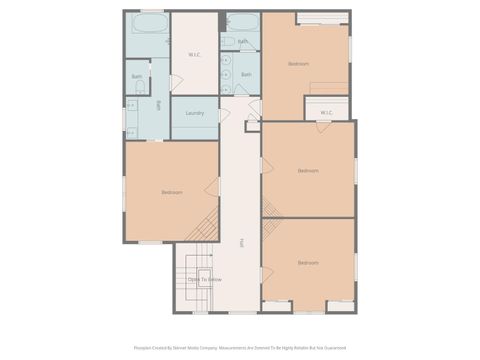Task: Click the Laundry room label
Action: tap(195, 113)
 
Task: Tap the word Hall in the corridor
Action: tap(241, 243)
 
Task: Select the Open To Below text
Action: tap(204, 279)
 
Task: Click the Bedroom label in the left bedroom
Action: tap(171, 192)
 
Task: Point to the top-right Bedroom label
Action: tap(298, 63)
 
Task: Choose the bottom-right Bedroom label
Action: tap(308, 263)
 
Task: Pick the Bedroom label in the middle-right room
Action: tap(308, 170)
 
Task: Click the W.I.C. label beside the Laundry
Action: tap(195, 54)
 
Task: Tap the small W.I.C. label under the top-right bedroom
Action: tap(327, 113)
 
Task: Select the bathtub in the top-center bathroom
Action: tap(242, 22)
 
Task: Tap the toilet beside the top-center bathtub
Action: tap(228, 42)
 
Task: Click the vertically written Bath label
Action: tap(158, 104)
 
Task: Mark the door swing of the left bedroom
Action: tap(212, 187)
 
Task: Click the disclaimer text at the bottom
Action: tap(240, 348)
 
